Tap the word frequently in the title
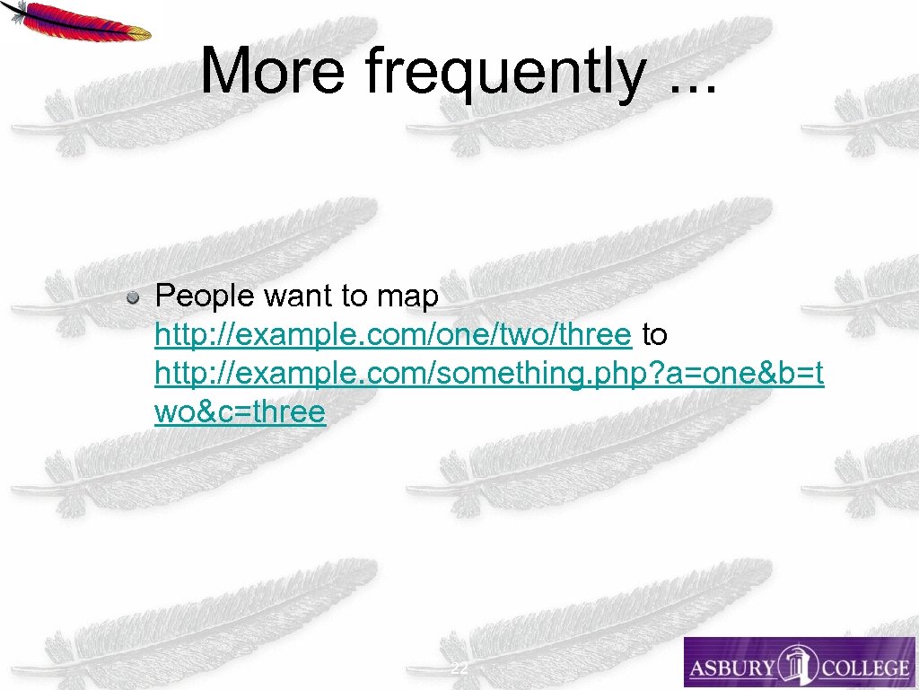[503, 72]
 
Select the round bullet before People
[133, 296]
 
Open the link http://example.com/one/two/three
[393, 335]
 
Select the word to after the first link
[655, 335]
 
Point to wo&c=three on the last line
[240, 412]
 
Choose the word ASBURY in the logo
[731, 668]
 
